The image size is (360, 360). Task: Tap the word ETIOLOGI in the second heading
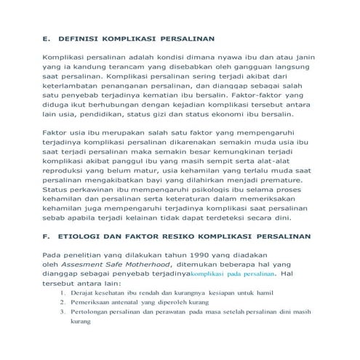(84, 236)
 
